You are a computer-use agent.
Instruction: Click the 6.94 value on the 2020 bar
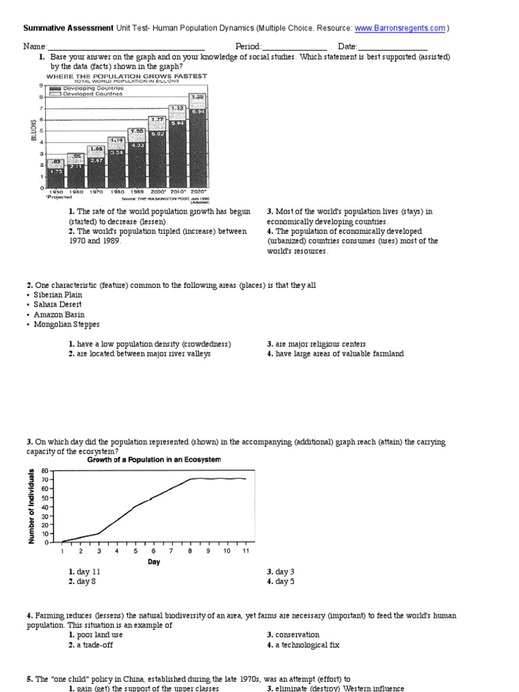click(x=197, y=111)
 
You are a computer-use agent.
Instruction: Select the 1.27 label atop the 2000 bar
click(x=157, y=120)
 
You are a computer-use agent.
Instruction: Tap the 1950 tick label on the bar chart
click(x=55, y=192)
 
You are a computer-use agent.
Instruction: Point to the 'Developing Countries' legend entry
click(x=92, y=89)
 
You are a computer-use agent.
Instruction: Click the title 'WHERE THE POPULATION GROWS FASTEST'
click(x=126, y=76)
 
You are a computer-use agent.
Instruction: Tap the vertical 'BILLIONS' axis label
click(x=32, y=130)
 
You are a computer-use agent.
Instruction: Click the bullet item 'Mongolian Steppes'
click(x=66, y=324)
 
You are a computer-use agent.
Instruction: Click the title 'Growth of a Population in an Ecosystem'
click(x=154, y=460)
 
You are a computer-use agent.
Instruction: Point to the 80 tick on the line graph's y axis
click(x=45, y=471)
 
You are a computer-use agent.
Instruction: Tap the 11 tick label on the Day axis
click(x=245, y=551)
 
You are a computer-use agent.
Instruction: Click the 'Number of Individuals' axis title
click(x=31, y=506)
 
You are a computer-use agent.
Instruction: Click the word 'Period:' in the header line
click(x=248, y=46)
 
